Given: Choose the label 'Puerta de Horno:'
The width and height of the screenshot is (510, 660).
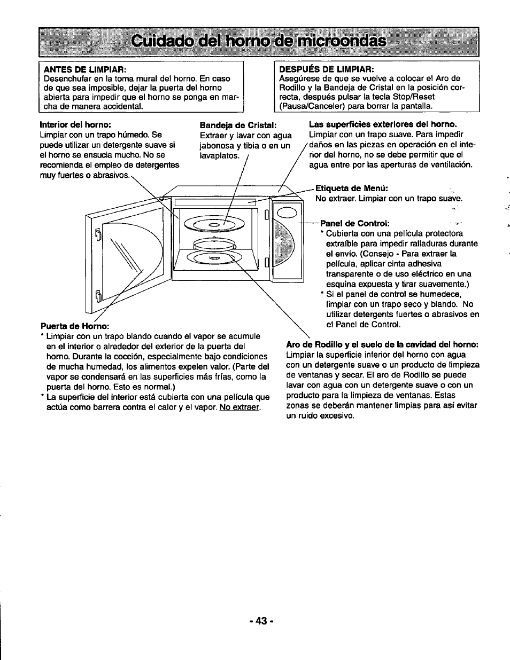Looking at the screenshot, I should click(x=75, y=326).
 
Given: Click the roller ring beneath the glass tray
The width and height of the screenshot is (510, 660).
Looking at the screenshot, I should click(x=215, y=244).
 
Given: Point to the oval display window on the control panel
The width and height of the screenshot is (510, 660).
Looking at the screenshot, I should click(x=287, y=213).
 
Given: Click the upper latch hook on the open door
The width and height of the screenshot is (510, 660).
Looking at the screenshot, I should click(x=98, y=234).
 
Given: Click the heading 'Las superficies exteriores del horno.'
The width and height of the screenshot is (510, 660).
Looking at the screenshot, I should click(x=383, y=125).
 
